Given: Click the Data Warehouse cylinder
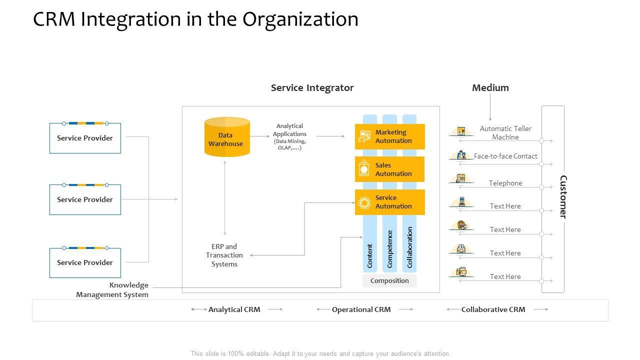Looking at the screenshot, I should click(x=227, y=137).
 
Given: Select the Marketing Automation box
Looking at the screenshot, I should click(x=390, y=136).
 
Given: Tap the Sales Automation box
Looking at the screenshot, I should click(x=390, y=169).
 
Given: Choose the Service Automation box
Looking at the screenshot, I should click(x=390, y=202).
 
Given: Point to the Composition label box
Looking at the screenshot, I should click(x=389, y=280).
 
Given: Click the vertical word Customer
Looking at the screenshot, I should click(x=563, y=197).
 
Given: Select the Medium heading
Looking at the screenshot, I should click(x=490, y=88).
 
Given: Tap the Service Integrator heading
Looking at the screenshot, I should click(x=312, y=88).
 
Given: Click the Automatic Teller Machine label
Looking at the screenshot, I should click(x=505, y=132).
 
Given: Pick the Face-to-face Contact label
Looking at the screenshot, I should click(x=505, y=156).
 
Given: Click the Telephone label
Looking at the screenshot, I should click(x=505, y=183).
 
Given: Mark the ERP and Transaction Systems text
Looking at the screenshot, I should click(x=224, y=255).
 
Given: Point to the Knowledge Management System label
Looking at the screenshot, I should click(x=113, y=289).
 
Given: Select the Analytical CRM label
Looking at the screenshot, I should click(x=234, y=309).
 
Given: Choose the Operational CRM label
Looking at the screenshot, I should click(x=361, y=309).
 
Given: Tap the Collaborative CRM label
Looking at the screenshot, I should click(x=493, y=309).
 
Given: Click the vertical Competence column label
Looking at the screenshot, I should click(x=390, y=248).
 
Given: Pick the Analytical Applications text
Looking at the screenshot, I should click(x=289, y=136).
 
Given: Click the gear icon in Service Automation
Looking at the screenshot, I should click(x=364, y=202).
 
